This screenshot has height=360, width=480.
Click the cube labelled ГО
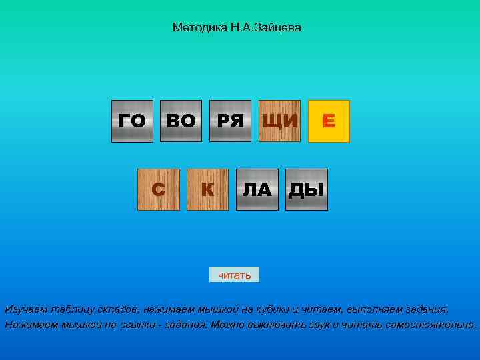(132, 121)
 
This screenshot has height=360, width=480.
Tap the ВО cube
(181, 121)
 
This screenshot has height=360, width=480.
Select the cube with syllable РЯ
(230, 121)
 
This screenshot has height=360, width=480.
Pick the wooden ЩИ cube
(279, 121)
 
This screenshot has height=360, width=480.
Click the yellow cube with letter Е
(329, 121)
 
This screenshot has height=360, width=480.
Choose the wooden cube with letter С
(158, 190)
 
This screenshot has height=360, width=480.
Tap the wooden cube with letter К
(207, 190)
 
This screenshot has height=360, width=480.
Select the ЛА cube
(257, 190)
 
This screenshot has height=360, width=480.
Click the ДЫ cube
(306, 190)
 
